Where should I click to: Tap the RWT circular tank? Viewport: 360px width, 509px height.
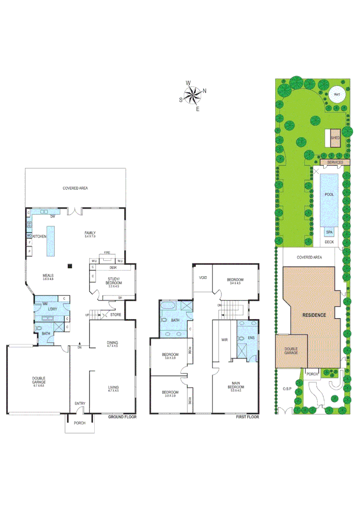click(x=336, y=95)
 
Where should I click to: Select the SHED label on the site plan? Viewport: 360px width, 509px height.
click(x=335, y=138)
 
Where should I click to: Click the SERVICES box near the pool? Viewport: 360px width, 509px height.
click(x=335, y=162)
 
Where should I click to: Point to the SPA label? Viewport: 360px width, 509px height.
click(x=329, y=232)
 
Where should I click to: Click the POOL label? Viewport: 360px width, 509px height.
click(x=329, y=194)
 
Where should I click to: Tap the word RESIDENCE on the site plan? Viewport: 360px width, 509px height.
click(x=314, y=314)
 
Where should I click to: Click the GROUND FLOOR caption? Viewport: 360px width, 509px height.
click(x=122, y=417)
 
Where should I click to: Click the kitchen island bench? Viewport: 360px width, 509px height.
click(x=50, y=240)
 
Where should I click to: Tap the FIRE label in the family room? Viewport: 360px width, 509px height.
click(x=107, y=253)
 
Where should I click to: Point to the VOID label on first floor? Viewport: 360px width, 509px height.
click(x=203, y=278)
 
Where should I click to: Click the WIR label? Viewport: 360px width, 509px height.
click(x=225, y=339)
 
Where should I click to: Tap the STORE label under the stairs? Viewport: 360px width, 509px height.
click(x=116, y=314)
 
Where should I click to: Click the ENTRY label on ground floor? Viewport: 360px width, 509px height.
click(x=80, y=403)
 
